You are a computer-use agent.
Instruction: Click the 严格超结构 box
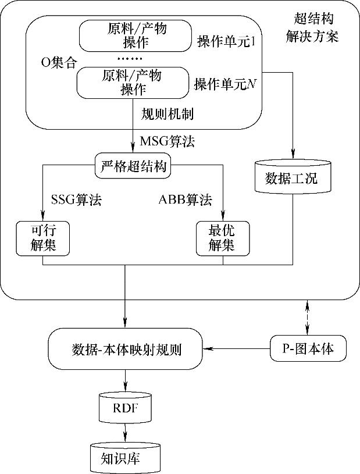pos(133,167)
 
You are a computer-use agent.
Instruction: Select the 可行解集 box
pos(44,238)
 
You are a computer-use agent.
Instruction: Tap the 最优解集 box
pos(223,238)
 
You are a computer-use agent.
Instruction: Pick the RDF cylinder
pos(126,406)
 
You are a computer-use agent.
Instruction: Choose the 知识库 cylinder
pos(126,458)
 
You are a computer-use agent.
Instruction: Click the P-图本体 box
pos(309,349)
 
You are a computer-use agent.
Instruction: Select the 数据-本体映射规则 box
pos(126,350)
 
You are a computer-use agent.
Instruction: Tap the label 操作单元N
pos(226,85)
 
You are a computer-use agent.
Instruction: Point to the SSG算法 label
pos(76,201)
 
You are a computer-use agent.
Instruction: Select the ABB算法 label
pos(185,201)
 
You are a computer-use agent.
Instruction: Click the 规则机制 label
pos(167,114)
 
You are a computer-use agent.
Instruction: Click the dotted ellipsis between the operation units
pos(129,58)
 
